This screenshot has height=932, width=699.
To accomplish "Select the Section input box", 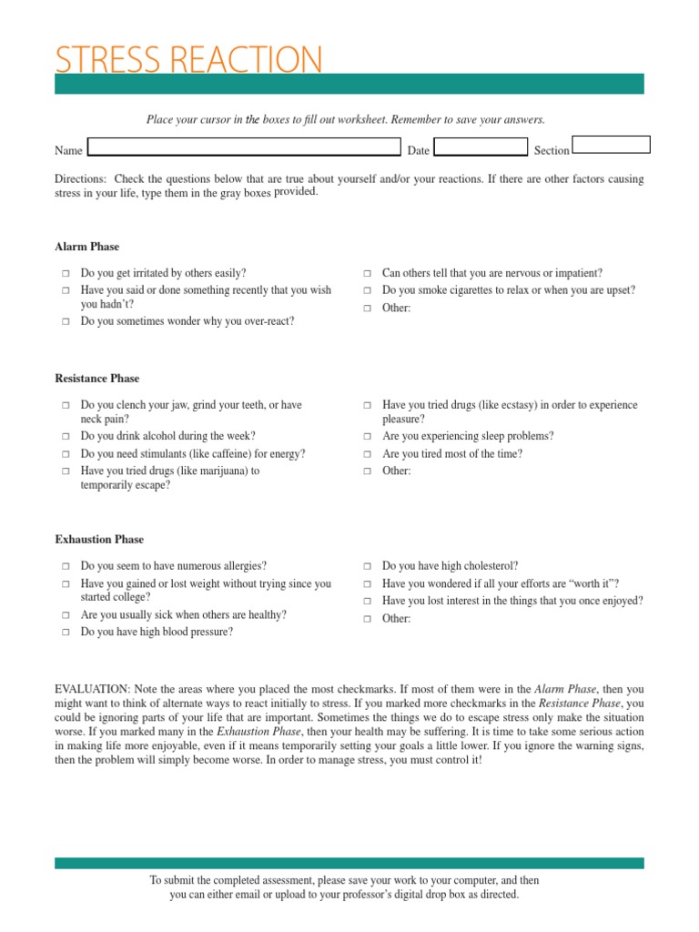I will [x=611, y=145].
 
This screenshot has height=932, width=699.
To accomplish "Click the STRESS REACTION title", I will [x=188, y=59].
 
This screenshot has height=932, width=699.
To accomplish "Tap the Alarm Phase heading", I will [x=86, y=247].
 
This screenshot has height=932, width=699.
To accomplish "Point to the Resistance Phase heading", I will [x=97, y=379].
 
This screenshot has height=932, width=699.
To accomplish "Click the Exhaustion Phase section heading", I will [x=99, y=540].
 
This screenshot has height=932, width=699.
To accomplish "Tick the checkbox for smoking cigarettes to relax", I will [x=368, y=291].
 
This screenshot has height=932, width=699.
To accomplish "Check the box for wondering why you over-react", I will [x=66, y=322].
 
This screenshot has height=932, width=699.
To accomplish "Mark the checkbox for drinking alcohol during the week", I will [x=66, y=437].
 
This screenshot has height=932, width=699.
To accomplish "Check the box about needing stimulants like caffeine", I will [x=66, y=454].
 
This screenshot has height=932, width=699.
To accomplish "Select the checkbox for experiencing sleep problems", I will [x=368, y=437].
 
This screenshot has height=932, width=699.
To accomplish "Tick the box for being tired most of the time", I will [x=368, y=454].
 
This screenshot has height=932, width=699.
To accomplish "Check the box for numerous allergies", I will [x=66, y=567].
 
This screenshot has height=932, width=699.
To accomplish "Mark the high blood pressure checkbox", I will [x=66, y=633].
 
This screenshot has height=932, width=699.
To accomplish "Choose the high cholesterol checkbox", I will [x=368, y=567].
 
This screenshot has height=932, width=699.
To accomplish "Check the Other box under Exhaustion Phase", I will [x=368, y=620].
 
